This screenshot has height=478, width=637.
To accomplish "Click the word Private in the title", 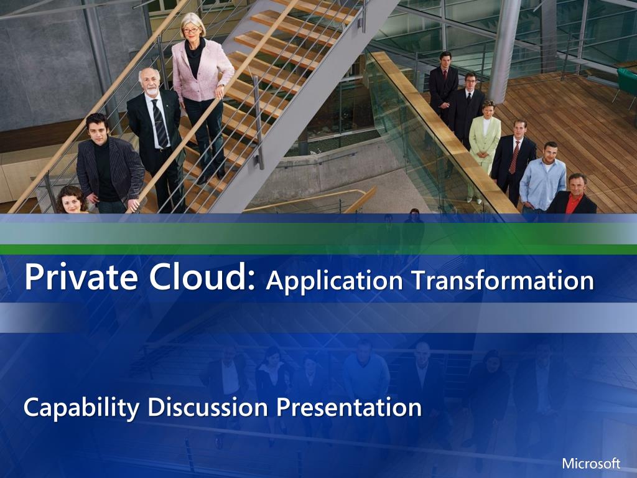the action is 81,278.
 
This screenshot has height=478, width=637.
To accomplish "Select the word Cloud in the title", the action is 202,277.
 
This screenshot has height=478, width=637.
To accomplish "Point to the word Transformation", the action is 503,281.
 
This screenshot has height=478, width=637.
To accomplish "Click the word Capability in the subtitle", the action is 81,408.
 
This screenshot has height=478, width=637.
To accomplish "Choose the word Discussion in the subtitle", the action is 208,407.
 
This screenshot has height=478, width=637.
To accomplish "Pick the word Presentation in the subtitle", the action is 349,408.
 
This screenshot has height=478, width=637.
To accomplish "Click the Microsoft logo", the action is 591,463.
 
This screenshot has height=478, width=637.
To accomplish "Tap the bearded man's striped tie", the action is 160,123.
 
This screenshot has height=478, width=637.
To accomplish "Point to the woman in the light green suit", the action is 483,146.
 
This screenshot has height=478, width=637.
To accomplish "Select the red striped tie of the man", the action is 514,157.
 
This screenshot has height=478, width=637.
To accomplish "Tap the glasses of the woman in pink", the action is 191,30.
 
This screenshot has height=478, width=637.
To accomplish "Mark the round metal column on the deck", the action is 504,51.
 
